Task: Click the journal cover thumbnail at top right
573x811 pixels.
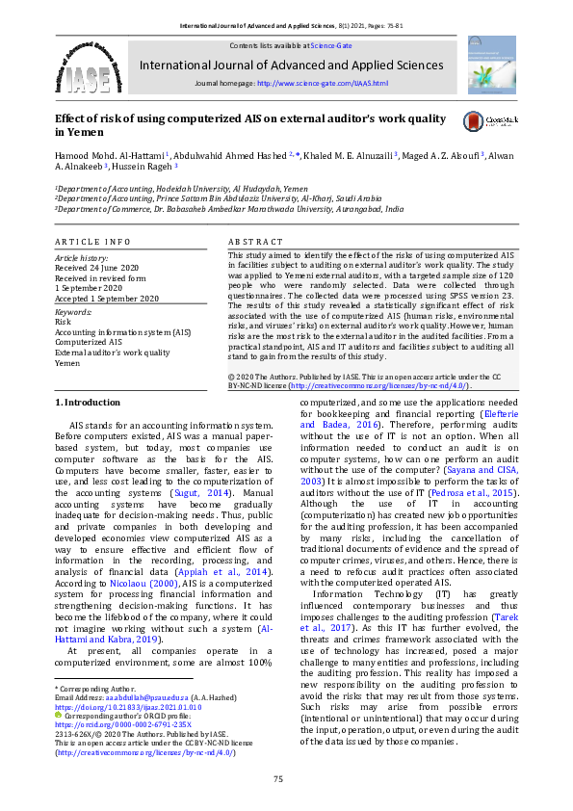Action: click(x=490, y=63)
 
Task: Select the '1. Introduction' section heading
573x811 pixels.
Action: click(x=87, y=401)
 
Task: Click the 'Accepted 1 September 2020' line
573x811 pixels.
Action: click(x=106, y=299)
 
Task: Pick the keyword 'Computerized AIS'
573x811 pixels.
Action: click(x=88, y=342)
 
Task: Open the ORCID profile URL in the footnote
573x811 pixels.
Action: click(x=122, y=725)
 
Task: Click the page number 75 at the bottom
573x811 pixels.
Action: click(x=278, y=779)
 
